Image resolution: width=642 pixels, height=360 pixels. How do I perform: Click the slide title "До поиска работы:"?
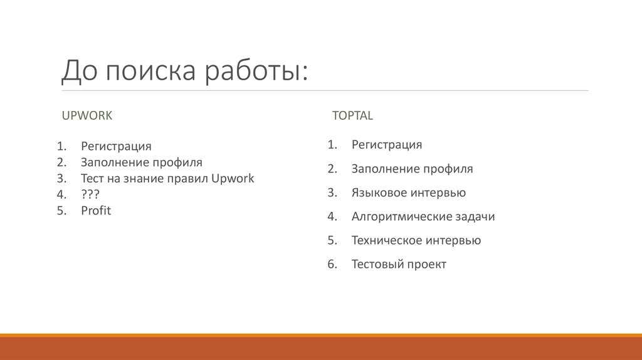[x=184, y=71]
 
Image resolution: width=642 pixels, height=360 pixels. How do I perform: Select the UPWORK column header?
[x=87, y=115]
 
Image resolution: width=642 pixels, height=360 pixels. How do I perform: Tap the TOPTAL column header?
[x=352, y=115]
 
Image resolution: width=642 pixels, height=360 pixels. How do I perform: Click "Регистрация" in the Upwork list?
[x=116, y=146]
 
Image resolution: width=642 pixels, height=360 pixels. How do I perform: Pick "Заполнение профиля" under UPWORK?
[x=141, y=162]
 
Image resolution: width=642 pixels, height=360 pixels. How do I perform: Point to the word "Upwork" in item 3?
[x=233, y=178]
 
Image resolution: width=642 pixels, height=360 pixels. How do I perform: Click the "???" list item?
[x=90, y=194]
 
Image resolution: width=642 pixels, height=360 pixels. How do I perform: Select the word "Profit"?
[x=95, y=211]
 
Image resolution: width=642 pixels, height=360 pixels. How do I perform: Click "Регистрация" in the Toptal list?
[x=386, y=145]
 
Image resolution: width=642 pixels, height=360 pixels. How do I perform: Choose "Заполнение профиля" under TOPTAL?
[x=412, y=169]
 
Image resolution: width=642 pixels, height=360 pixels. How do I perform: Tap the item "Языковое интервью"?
[x=408, y=193]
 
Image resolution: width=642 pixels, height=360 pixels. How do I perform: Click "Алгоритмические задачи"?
[x=423, y=216]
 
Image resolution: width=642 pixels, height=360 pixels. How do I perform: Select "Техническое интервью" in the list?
[x=416, y=240]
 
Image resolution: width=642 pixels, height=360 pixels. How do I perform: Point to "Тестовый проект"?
[x=399, y=264]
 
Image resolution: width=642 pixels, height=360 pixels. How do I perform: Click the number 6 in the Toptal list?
[x=331, y=264]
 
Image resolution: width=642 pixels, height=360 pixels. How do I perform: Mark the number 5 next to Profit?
[x=60, y=211]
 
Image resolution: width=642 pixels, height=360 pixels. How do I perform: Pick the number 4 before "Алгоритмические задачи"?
[x=331, y=216]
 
